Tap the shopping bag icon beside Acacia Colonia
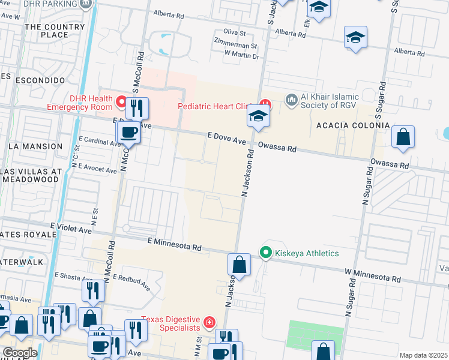point(403,137)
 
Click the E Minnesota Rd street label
point(174,244)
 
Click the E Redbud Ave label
point(130,282)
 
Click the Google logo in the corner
point(19,353)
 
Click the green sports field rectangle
point(316,334)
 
